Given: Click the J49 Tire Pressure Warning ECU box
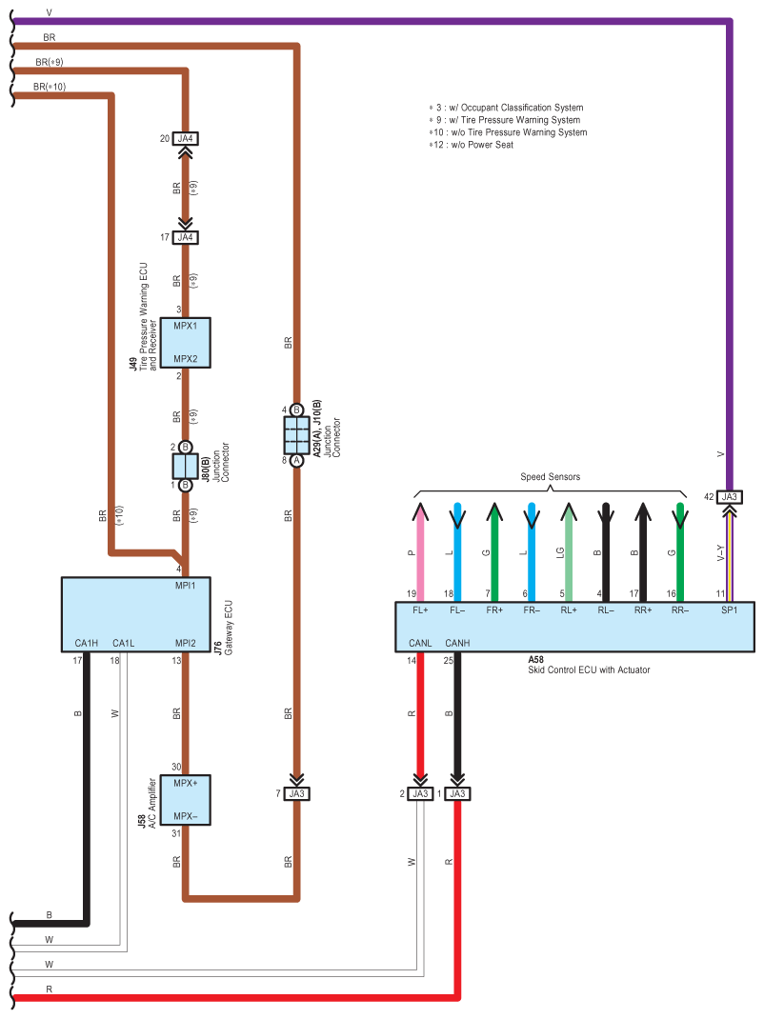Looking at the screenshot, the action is coord(186,343).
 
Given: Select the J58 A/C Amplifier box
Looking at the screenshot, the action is coord(186,800).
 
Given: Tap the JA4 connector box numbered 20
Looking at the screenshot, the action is coord(186,138).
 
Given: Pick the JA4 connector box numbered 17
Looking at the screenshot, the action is coord(186,237).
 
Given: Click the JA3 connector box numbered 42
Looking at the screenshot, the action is coord(730,497).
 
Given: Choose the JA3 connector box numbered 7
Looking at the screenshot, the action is coord(296,793).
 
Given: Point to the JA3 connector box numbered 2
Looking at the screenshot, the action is coord(420,793).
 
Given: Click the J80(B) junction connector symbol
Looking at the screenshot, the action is coord(186,466).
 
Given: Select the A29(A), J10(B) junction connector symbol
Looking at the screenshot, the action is coord(296,435).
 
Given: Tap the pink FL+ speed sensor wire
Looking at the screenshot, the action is coord(420,551).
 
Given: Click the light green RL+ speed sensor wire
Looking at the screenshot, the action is coord(569,551).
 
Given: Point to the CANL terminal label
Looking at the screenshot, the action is coord(420,643).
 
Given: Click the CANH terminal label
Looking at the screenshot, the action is coord(457,643).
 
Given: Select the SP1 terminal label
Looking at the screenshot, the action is coord(730,610).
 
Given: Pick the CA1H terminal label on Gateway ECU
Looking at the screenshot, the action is coord(87,644).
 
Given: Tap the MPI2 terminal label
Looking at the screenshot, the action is coord(186,644).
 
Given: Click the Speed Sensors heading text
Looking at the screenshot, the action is coord(550,477).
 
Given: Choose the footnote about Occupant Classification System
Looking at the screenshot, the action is coord(506,108).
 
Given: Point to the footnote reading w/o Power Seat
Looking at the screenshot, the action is coord(471,144).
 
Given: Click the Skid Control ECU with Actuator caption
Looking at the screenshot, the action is coord(589,670).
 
